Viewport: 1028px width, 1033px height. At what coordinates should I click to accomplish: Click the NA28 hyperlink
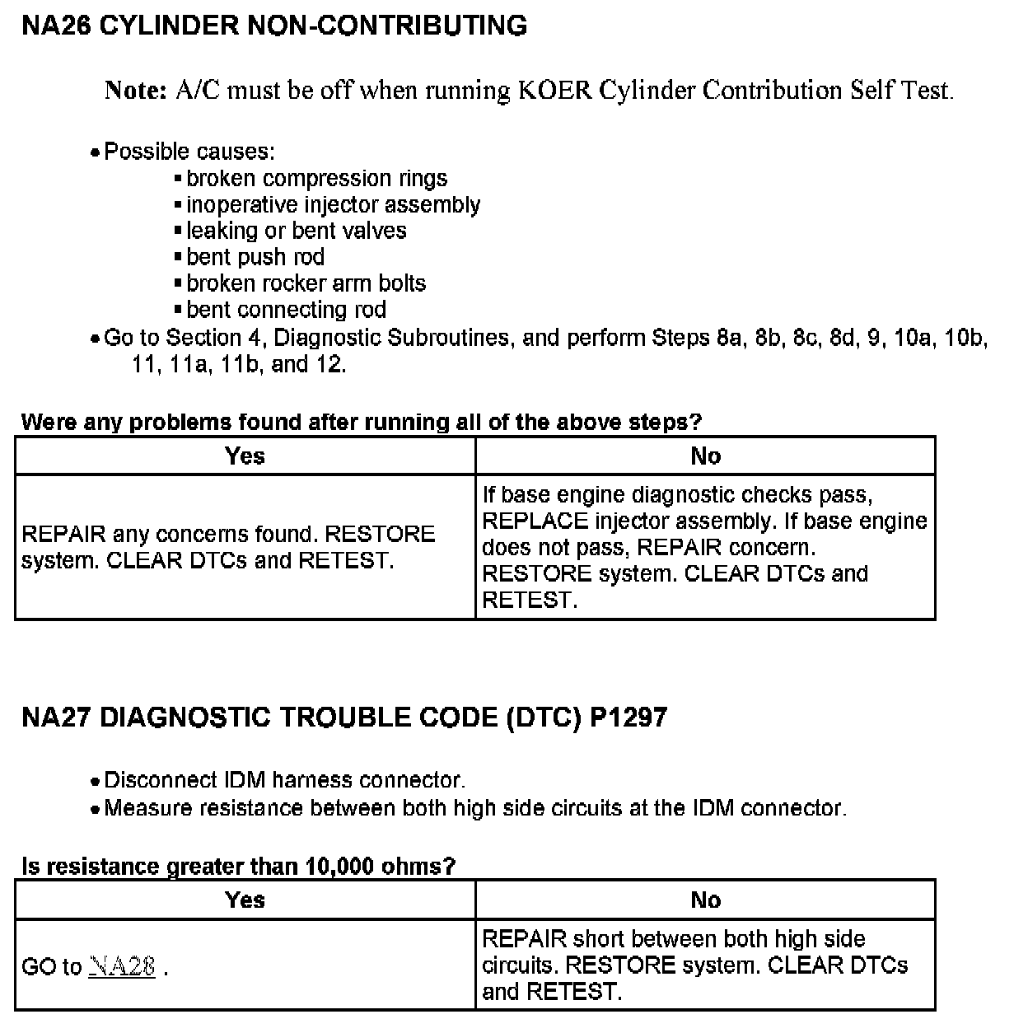[121, 966]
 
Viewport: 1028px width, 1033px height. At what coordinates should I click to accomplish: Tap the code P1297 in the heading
[628, 717]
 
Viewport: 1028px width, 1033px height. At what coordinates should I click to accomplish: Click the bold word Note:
[136, 90]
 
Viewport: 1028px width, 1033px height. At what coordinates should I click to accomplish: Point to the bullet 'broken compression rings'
[316, 179]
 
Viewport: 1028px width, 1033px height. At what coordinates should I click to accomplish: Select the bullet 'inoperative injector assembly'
[333, 205]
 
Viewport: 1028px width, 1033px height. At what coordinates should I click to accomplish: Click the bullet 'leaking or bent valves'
[296, 231]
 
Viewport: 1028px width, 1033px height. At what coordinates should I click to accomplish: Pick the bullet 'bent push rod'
[255, 257]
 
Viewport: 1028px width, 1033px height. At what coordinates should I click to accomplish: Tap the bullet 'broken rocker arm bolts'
[306, 283]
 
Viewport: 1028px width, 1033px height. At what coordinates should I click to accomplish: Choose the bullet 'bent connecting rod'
[286, 310]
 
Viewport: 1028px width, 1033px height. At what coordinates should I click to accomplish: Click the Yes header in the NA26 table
[245, 456]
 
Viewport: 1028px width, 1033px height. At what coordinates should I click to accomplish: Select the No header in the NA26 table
[705, 456]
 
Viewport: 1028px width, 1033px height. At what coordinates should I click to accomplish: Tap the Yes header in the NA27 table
[245, 900]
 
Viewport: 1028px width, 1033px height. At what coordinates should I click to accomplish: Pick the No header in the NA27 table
[705, 900]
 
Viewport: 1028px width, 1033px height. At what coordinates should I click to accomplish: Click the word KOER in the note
[554, 90]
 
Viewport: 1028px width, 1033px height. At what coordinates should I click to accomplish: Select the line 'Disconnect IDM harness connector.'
[284, 780]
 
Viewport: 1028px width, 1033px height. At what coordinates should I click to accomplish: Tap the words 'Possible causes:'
[189, 152]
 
